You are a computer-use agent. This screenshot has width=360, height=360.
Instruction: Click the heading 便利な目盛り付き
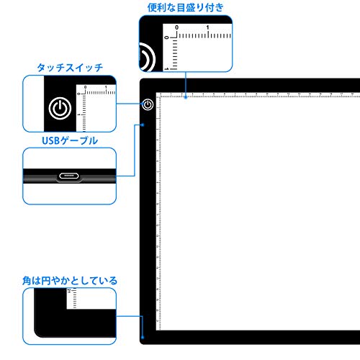(185, 8)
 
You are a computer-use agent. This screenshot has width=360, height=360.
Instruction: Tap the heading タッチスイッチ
(70, 68)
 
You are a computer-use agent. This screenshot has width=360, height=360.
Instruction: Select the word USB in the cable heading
(50, 141)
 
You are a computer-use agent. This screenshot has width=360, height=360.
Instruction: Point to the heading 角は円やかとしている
(70, 281)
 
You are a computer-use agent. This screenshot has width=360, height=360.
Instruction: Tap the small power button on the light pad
(148, 104)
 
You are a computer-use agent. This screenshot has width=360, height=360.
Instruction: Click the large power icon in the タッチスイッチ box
(60, 108)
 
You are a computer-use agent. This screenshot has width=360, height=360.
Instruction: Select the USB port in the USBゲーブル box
(69, 176)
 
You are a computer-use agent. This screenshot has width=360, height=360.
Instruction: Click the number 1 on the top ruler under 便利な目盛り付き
(207, 27)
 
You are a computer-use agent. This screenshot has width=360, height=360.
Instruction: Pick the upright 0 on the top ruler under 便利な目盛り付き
(177, 27)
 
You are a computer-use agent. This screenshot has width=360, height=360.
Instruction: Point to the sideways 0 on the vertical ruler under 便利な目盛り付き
(166, 37)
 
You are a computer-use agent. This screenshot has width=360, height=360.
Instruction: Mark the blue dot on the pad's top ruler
(186, 97)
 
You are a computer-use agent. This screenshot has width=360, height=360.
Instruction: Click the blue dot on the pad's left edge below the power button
(143, 125)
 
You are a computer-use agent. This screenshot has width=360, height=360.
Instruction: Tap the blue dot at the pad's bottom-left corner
(143, 337)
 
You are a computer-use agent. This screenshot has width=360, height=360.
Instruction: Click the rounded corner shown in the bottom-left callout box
(38, 333)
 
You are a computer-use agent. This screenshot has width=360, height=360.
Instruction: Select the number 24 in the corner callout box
(69, 291)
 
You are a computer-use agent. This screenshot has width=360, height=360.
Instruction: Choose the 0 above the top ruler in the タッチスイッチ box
(85, 87)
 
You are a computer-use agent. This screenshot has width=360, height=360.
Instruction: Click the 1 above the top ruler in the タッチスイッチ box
(106, 87)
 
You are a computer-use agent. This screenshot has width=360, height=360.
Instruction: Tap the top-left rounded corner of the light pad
(142, 80)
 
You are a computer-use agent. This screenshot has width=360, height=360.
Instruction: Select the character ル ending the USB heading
(93, 141)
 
